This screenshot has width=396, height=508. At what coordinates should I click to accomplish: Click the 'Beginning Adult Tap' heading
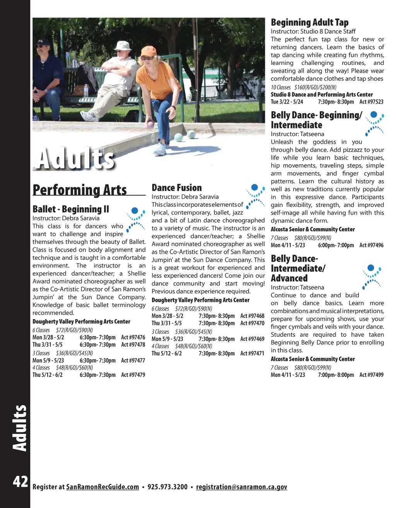(309, 22)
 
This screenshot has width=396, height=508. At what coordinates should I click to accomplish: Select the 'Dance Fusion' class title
(177, 188)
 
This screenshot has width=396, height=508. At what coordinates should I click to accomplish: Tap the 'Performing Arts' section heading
(80, 190)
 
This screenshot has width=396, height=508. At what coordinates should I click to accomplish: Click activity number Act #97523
(371, 102)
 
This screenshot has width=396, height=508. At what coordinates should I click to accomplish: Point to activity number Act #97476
(133, 338)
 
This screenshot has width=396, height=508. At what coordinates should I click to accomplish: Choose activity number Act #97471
(252, 353)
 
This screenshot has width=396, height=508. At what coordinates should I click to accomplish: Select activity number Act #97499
(371, 375)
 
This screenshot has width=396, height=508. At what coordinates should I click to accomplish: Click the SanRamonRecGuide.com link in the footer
(102, 487)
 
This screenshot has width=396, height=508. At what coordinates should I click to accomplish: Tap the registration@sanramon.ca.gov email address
(241, 487)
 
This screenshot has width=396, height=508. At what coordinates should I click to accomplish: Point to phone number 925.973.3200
(167, 487)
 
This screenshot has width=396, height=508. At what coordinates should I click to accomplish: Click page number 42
(20, 482)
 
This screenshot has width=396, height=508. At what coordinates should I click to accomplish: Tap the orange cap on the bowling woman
(148, 51)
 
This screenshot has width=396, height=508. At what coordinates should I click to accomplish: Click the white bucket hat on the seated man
(123, 46)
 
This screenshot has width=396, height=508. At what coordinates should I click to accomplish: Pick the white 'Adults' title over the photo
(75, 159)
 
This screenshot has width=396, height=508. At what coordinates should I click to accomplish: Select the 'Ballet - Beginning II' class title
(71, 209)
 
